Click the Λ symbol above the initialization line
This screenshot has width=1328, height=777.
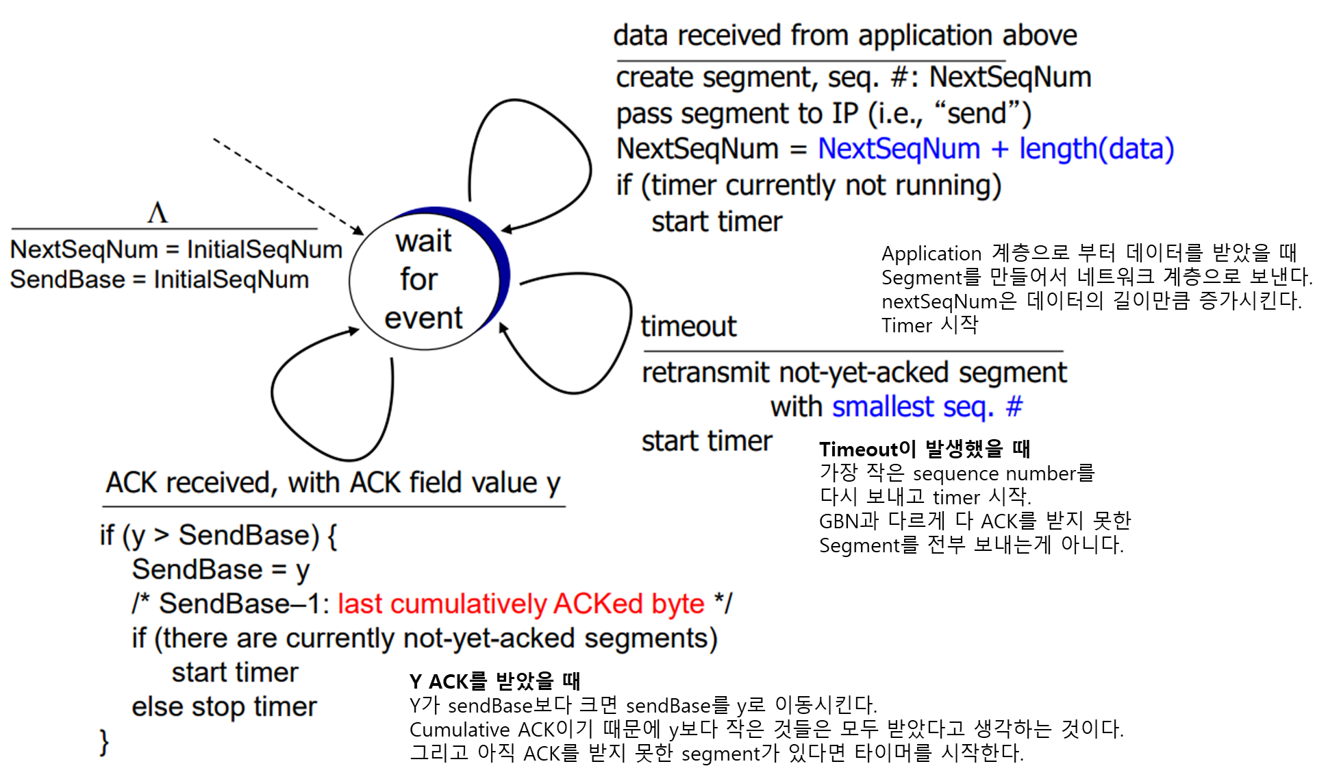tap(158, 212)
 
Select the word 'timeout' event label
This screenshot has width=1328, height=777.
tap(688, 326)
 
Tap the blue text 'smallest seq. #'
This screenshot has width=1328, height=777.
tap(927, 407)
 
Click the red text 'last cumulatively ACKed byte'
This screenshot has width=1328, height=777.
tap(521, 604)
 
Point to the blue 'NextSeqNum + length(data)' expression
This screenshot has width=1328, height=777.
tap(996, 149)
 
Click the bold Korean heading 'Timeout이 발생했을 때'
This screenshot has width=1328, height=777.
tap(925, 449)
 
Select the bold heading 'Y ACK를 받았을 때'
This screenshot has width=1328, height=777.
tap(494, 681)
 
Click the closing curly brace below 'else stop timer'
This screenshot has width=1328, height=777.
tap(104, 742)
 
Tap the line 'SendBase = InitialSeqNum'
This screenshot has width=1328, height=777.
tap(160, 280)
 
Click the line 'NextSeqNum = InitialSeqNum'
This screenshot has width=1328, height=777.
tap(176, 249)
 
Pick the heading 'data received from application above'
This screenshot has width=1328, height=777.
tap(844, 36)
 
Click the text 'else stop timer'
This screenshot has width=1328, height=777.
tap(224, 706)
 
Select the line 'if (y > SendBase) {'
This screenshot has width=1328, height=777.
tap(218, 535)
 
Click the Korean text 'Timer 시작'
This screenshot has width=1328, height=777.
tap(929, 325)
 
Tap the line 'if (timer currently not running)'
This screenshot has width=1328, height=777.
tap(808, 185)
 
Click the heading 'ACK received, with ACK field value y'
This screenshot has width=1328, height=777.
tap(333, 482)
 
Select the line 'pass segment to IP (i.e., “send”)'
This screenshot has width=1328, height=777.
tap(823, 114)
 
